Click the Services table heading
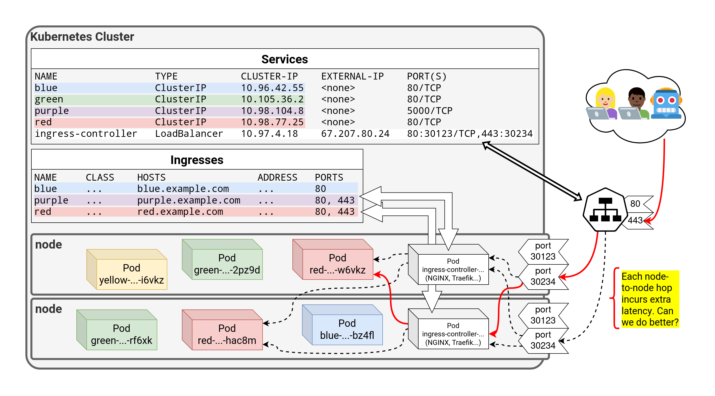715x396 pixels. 284,59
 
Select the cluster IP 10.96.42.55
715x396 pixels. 272,88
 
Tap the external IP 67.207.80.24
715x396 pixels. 355,134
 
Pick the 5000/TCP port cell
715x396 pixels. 429,111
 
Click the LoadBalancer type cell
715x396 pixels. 189,134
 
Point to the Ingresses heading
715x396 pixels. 197,160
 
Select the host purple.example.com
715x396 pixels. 188,200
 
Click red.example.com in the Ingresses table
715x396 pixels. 180,212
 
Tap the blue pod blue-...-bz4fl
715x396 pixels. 347,329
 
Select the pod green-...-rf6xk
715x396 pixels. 121,334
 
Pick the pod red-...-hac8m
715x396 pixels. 227,334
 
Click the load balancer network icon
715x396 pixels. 605,210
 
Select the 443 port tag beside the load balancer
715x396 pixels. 636,220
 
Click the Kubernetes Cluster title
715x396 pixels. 82,37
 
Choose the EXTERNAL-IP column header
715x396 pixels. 352,76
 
